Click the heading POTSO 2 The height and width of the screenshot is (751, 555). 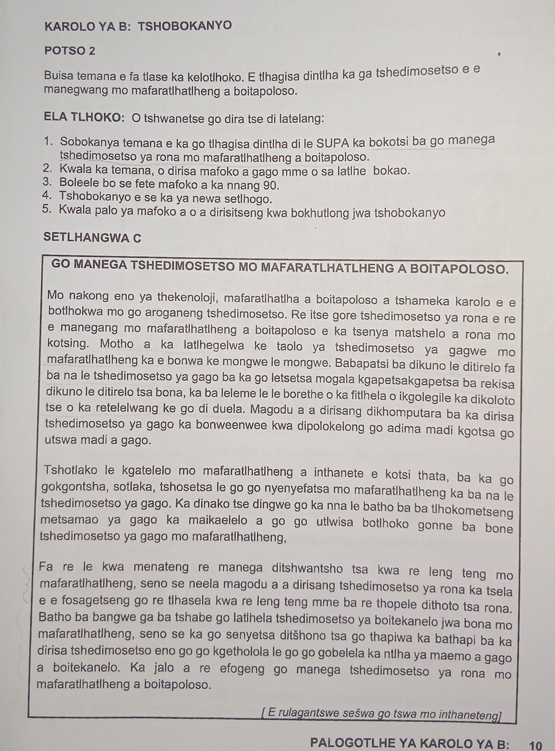70,51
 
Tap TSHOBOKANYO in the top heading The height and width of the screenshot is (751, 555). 185,25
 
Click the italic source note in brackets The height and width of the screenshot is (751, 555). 382,714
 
